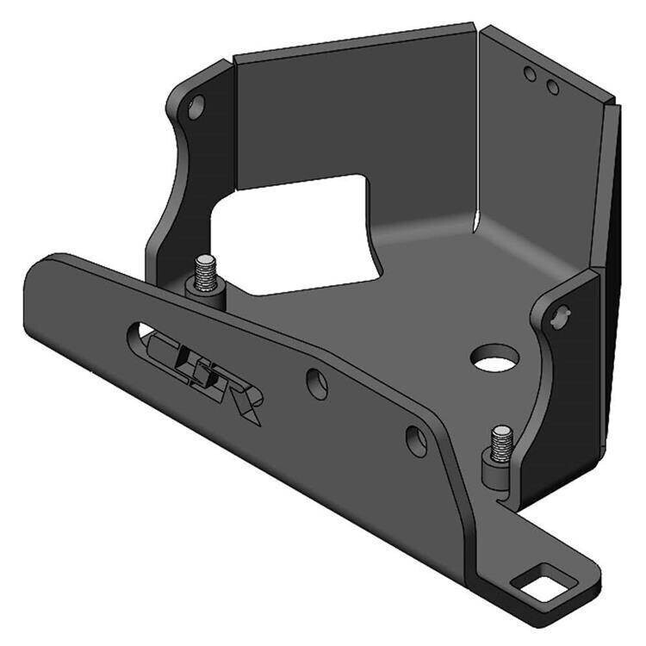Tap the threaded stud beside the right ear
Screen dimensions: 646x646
click(x=501, y=442)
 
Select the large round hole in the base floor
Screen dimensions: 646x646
click(x=494, y=357)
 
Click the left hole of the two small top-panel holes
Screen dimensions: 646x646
click(x=531, y=75)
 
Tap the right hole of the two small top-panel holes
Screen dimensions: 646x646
click(x=553, y=87)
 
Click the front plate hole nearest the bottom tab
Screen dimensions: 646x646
click(x=416, y=441)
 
